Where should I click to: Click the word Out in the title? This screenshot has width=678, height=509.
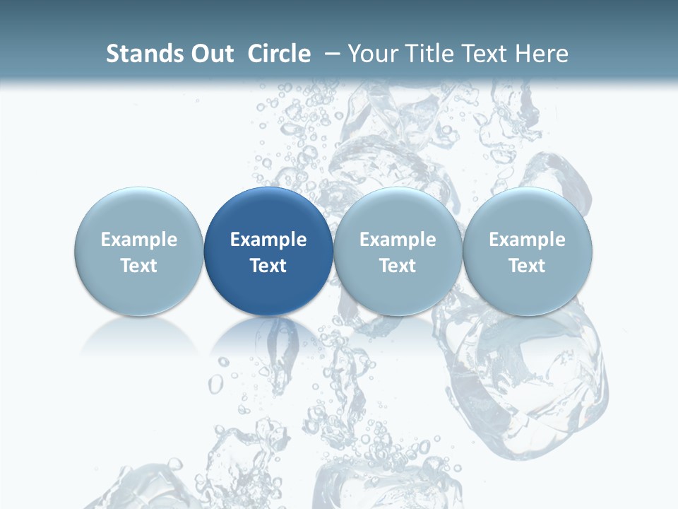tap(210, 54)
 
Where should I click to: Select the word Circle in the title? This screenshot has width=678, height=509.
tap(279, 54)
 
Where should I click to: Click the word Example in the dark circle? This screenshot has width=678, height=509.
tap(268, 240)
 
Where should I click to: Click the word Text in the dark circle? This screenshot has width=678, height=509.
tap(268, 266)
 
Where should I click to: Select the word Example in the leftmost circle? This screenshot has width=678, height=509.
tap(139, 240)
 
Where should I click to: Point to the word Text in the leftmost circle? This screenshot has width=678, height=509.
tap(139, 266)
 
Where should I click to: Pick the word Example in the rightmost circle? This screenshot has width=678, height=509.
tap(528, 240)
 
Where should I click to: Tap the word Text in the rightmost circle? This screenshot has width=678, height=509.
tap(528, 266)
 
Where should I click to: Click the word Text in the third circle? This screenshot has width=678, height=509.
tap(398, 266)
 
